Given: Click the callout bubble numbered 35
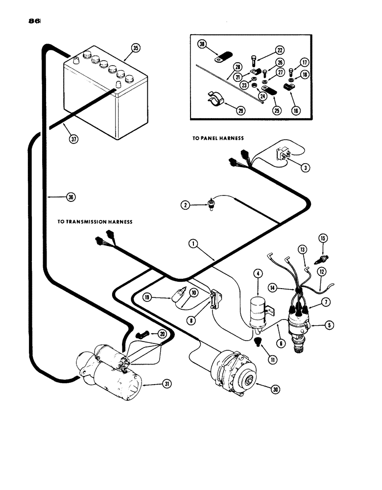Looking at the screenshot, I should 135,48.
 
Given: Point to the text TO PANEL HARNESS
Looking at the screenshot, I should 218,139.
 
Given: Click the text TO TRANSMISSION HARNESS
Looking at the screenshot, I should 95,222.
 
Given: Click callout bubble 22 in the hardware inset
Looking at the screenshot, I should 279,50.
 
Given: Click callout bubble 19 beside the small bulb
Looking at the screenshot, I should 147,297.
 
